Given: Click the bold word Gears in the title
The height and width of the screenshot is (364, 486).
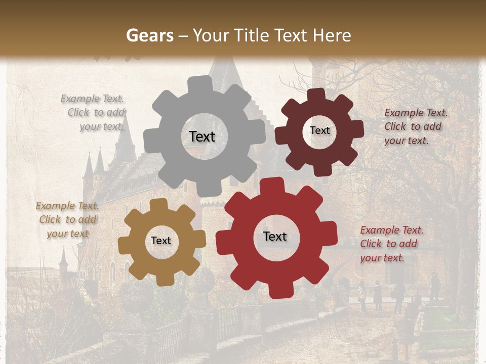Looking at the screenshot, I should tap(149, 36).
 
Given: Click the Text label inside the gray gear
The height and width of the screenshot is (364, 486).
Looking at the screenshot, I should tap(202, 136).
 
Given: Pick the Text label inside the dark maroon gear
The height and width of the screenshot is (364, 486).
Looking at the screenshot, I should tap(319, 130).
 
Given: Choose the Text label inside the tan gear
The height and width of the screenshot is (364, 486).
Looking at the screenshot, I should tap(161, 241).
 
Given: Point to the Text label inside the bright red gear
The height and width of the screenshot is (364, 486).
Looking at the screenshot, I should tap(275, 237).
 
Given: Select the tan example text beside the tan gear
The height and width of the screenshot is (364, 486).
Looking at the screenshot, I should tap(67, 220).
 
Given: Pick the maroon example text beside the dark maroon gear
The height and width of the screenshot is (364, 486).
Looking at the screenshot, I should tap(416, 127).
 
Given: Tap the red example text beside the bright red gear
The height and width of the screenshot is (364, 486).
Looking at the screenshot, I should tap(391, 244).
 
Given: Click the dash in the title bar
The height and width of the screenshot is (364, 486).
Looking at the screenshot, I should tap(184, 36).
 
